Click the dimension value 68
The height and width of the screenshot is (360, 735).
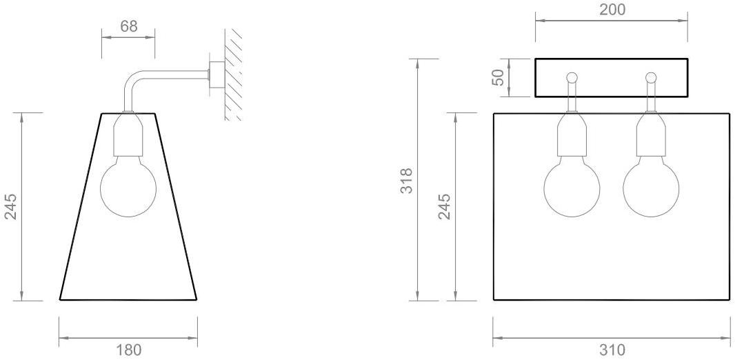128,26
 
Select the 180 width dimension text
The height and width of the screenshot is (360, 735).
128,350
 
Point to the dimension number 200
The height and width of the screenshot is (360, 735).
612,10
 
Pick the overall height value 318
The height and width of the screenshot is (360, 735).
407,181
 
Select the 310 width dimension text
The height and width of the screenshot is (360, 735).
612,350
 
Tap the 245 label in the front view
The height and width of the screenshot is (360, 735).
445,206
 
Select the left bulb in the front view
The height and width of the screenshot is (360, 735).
572,189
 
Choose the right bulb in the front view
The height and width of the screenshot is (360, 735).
651,189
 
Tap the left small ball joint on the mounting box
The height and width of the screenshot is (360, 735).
572,77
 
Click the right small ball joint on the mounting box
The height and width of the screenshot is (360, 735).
651,77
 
